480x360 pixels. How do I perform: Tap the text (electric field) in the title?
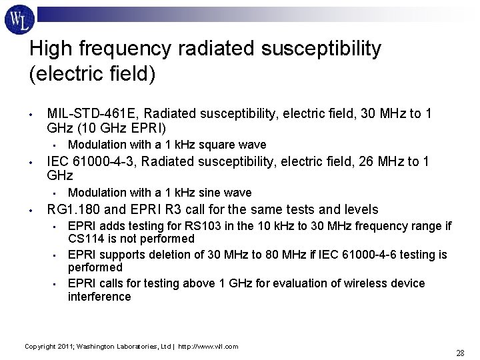click(x=92, y=73)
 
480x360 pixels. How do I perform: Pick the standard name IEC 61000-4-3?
click(x=89, y=161)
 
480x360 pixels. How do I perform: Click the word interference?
click(x=99, y=296)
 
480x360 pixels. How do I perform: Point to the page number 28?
click(x=460, y=351)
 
